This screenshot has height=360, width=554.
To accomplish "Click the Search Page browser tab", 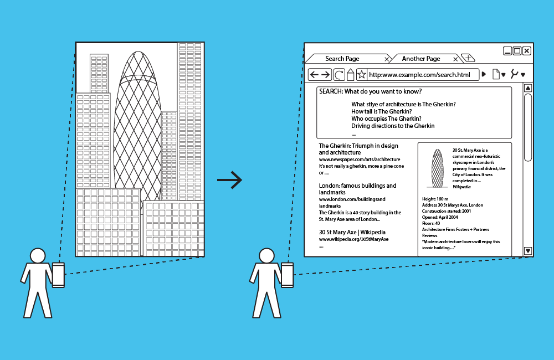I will (342, 59).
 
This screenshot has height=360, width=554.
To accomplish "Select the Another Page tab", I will (421, 59).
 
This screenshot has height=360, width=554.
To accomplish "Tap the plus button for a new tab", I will (468, 58).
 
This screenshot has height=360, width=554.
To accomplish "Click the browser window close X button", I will (526, 51).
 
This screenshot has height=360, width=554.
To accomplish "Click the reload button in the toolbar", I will (339, 75).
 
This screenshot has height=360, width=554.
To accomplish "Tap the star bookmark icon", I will (361, 75).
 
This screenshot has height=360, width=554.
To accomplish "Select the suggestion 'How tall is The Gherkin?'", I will (381, 111).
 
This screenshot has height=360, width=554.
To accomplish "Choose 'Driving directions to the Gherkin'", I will (393, 126).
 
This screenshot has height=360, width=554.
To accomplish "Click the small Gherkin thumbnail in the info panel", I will (438, 168).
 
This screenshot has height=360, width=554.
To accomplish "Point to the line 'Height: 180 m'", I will (435, 199).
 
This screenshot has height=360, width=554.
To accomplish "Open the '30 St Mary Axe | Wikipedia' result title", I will (352, 232).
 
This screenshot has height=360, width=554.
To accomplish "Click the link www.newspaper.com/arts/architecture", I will (359, 159).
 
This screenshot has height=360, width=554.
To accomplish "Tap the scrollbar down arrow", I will (527, 251).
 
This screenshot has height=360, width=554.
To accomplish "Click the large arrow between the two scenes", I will (229, 180).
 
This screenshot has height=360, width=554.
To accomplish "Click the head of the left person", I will (38, 256).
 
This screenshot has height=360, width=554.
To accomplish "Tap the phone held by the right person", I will (288, 275).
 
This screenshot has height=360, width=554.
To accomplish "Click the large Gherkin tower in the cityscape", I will (137, 127).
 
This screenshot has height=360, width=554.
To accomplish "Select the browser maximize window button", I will (517, 51).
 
